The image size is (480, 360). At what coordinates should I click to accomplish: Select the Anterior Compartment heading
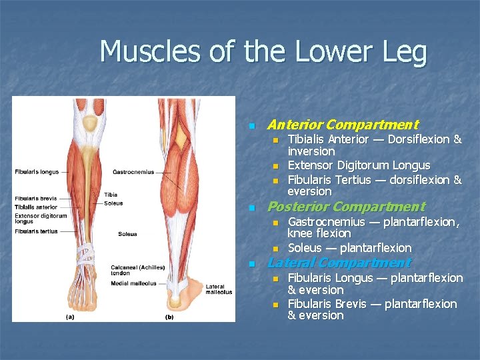342,125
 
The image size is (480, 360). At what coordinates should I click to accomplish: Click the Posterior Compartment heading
345,207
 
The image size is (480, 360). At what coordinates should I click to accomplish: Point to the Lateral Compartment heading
339,263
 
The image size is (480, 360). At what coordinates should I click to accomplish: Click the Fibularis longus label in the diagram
37,172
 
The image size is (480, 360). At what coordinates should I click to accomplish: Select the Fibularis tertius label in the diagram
36,231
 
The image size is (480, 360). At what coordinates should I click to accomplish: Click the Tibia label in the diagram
111,195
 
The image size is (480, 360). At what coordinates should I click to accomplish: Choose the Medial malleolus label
134,283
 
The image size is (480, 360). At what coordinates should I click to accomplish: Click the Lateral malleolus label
219,289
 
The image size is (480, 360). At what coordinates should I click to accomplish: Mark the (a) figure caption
69,317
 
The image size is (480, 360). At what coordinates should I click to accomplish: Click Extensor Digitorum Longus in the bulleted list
359,165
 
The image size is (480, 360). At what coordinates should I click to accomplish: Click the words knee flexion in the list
319,233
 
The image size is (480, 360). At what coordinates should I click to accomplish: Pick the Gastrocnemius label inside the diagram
133,172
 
